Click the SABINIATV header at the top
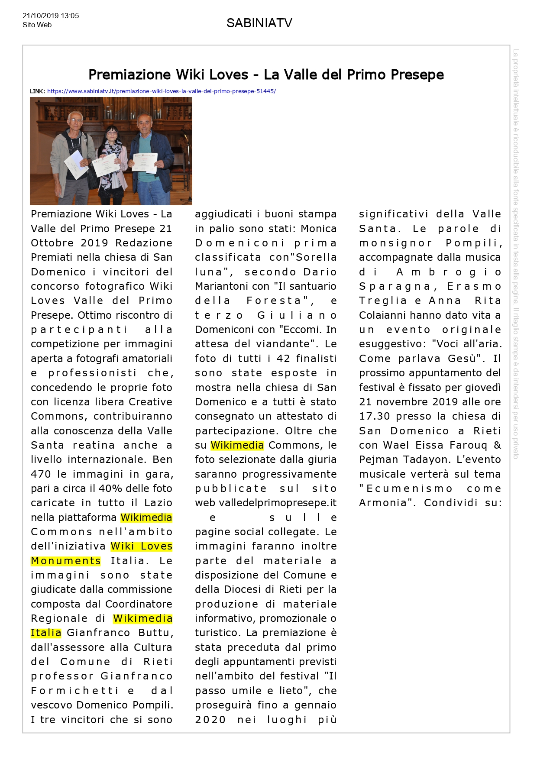coord(259,23)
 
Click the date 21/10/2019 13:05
coord(51,16)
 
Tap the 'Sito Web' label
coord(37,25)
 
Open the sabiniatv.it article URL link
coord(161,91)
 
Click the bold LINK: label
coord(37,91)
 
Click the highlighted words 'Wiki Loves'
coord(142,547)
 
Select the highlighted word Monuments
coord(66,561)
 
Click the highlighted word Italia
coord(46,633)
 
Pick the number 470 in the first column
coord(41,474)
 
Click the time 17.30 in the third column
coord(374,417)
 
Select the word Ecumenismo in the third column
coord(409,488)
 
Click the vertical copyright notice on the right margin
coord(515,253)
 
